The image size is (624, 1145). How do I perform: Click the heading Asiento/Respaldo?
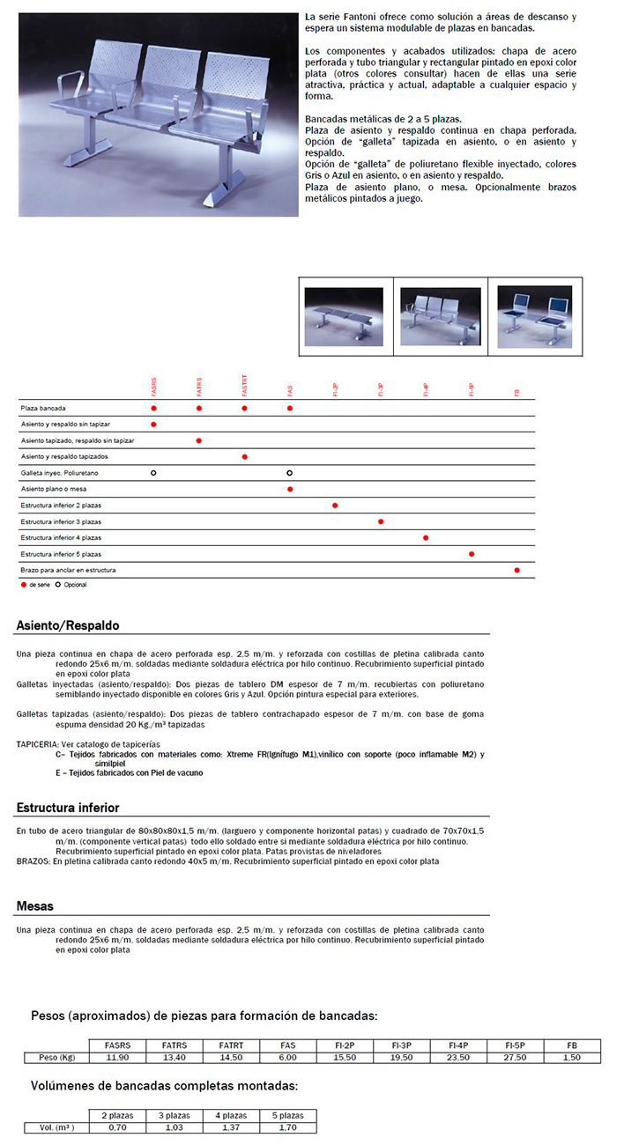(x=68, y=626)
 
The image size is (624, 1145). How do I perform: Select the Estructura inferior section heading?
(x=68, y=808)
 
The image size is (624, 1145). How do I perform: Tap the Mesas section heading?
(x=35, y=905)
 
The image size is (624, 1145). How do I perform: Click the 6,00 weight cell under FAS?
(x=287, y=1057)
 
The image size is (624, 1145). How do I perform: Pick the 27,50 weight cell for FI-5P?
(x=515, y=1057)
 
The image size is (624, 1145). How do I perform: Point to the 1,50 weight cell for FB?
(x=572, y=1057)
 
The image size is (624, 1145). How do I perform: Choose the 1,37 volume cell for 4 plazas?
(x=232, y=1127)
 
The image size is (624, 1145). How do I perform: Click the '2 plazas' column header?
(x=117, y=1116)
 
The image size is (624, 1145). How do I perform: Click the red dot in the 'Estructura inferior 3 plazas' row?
(x=381, y=521)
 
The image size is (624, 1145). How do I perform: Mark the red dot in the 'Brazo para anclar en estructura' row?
(x=517, y=570)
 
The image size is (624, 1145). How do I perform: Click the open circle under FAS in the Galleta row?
(x=289, y=473)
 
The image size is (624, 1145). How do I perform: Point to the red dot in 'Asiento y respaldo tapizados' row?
(x=244, y=457)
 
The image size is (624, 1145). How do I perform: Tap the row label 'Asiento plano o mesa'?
(x=54, y=489)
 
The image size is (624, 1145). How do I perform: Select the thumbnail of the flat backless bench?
(x=344, y=319)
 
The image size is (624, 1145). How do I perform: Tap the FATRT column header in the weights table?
(x=231, y=1045)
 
